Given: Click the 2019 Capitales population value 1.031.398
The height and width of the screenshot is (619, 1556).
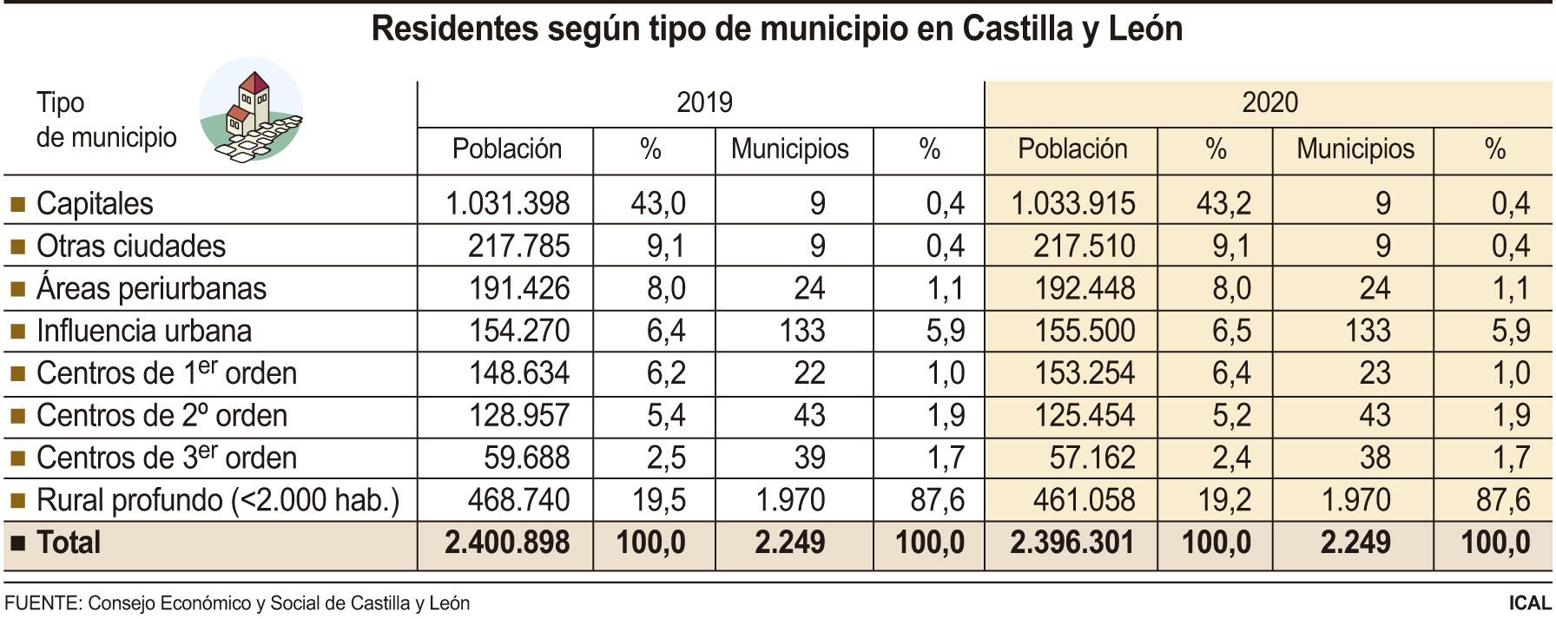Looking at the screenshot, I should (x=507, y=204).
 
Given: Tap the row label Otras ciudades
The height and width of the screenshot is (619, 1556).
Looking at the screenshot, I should (x=131, y=247).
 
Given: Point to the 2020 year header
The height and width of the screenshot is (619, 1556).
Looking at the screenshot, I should (x=1269, y=102).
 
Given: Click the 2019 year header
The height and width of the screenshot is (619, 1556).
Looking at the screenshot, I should (x=703, y=102).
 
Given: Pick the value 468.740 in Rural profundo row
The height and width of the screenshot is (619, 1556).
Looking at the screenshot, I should (x=518, y=500).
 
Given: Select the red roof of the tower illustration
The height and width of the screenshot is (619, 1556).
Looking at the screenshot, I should (x=253, y=82).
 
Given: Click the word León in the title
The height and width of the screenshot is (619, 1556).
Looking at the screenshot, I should (x=1145, y=30).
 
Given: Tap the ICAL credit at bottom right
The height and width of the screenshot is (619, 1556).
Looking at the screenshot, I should (x=1530, y=603).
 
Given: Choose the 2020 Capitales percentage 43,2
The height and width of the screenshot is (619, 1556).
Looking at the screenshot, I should (x=1223, y=204).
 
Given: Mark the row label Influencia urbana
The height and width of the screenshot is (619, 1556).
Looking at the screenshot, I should (x=144, y=331).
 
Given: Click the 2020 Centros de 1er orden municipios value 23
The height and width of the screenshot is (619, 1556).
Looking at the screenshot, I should (x=1375, y=373).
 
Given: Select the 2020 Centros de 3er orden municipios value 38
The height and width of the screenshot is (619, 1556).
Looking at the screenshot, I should (x=1375, y=458).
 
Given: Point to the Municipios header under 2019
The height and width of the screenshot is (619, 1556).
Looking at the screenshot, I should (x=789, y=149).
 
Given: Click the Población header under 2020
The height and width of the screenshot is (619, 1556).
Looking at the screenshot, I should (x=1072, y=149).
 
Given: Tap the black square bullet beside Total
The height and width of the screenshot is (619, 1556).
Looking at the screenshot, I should (x=17, y=543).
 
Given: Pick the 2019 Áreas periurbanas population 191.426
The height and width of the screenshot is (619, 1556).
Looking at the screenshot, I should (x=518, y=289).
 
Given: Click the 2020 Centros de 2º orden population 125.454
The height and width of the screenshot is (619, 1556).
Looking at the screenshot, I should (x=1084, y=416).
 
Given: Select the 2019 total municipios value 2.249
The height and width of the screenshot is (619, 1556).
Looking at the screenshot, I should (x=789, y=543).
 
